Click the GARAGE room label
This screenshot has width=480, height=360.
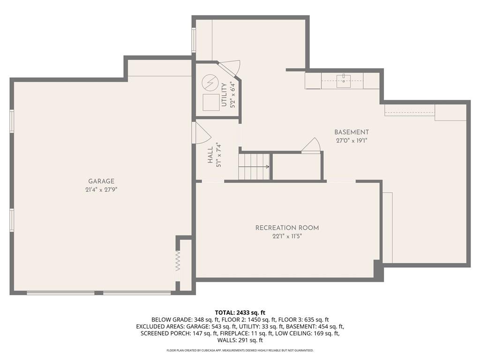[x=101, y=181]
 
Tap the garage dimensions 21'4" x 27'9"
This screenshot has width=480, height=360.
[x=101, y=190]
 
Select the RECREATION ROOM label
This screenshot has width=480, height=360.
[x=287, y=228]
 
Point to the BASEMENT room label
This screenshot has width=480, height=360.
[x=352, y=132]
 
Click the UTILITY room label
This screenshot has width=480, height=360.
[x=224, y=95]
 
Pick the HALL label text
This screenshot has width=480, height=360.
[x=210, y=155]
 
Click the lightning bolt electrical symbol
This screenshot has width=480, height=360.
[x=210, y=82]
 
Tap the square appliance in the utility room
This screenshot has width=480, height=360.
[x=211, y=102]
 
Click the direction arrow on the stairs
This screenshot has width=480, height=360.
[x=254, y=167]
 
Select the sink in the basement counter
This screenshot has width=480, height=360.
[x=344, y=81]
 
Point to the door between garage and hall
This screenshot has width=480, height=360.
[x=201, y=133]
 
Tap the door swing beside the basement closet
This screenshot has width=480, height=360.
[x=311, y=144]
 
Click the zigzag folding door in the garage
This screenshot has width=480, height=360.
[x=178, y=261]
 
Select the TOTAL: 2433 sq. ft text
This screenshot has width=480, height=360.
[x=240, y=313]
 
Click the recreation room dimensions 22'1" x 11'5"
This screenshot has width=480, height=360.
[x=287, y=236]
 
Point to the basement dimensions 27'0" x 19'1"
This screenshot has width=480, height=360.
[x=352, y=141]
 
